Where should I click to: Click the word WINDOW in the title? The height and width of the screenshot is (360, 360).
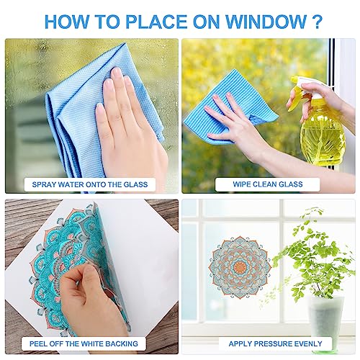point(266,20)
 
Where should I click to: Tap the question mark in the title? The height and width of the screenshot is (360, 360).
point(318,20)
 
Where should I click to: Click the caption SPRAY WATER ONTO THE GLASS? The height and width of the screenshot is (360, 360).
point(89,184)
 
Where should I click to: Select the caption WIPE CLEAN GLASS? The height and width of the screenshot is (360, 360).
point(268,184)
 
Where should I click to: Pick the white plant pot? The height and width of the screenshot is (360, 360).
point(325,317)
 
